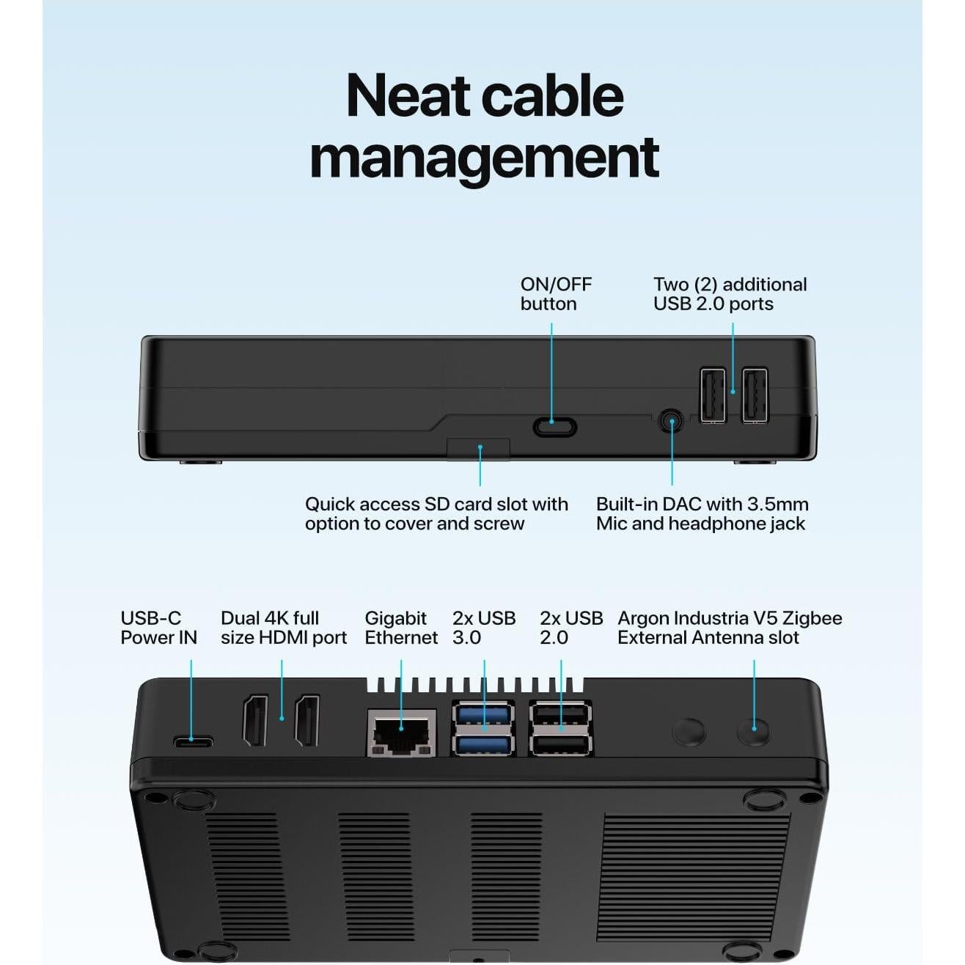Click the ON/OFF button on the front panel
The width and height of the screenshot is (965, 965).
tap(554, 426)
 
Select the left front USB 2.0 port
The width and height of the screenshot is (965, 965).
tap(712, 396)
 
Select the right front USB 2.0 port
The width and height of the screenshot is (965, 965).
tap(755, 396)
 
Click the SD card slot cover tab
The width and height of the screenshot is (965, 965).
tap(478, 449)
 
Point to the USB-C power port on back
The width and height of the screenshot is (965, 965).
tap(194, 741)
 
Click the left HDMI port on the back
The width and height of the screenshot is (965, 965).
tap(255, 721)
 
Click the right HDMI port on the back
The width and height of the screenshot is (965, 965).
tap(307, 721)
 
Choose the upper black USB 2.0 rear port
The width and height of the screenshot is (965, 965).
tap(561, 714)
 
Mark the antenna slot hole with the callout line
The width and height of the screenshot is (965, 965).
tap(754, 731)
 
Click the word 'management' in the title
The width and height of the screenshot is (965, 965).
tap(484, 157)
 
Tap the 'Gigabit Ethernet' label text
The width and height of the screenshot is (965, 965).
tap(400, 628)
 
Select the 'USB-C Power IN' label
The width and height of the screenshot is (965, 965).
tap(158, 628)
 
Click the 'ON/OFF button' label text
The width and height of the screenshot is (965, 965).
tap(555, 294)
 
